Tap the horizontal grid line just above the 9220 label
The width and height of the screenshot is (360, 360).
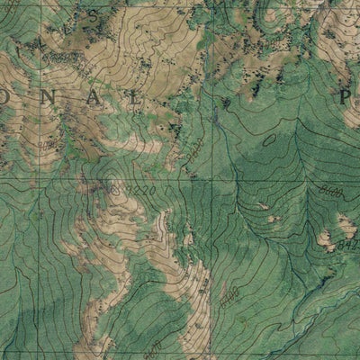point(135,177)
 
